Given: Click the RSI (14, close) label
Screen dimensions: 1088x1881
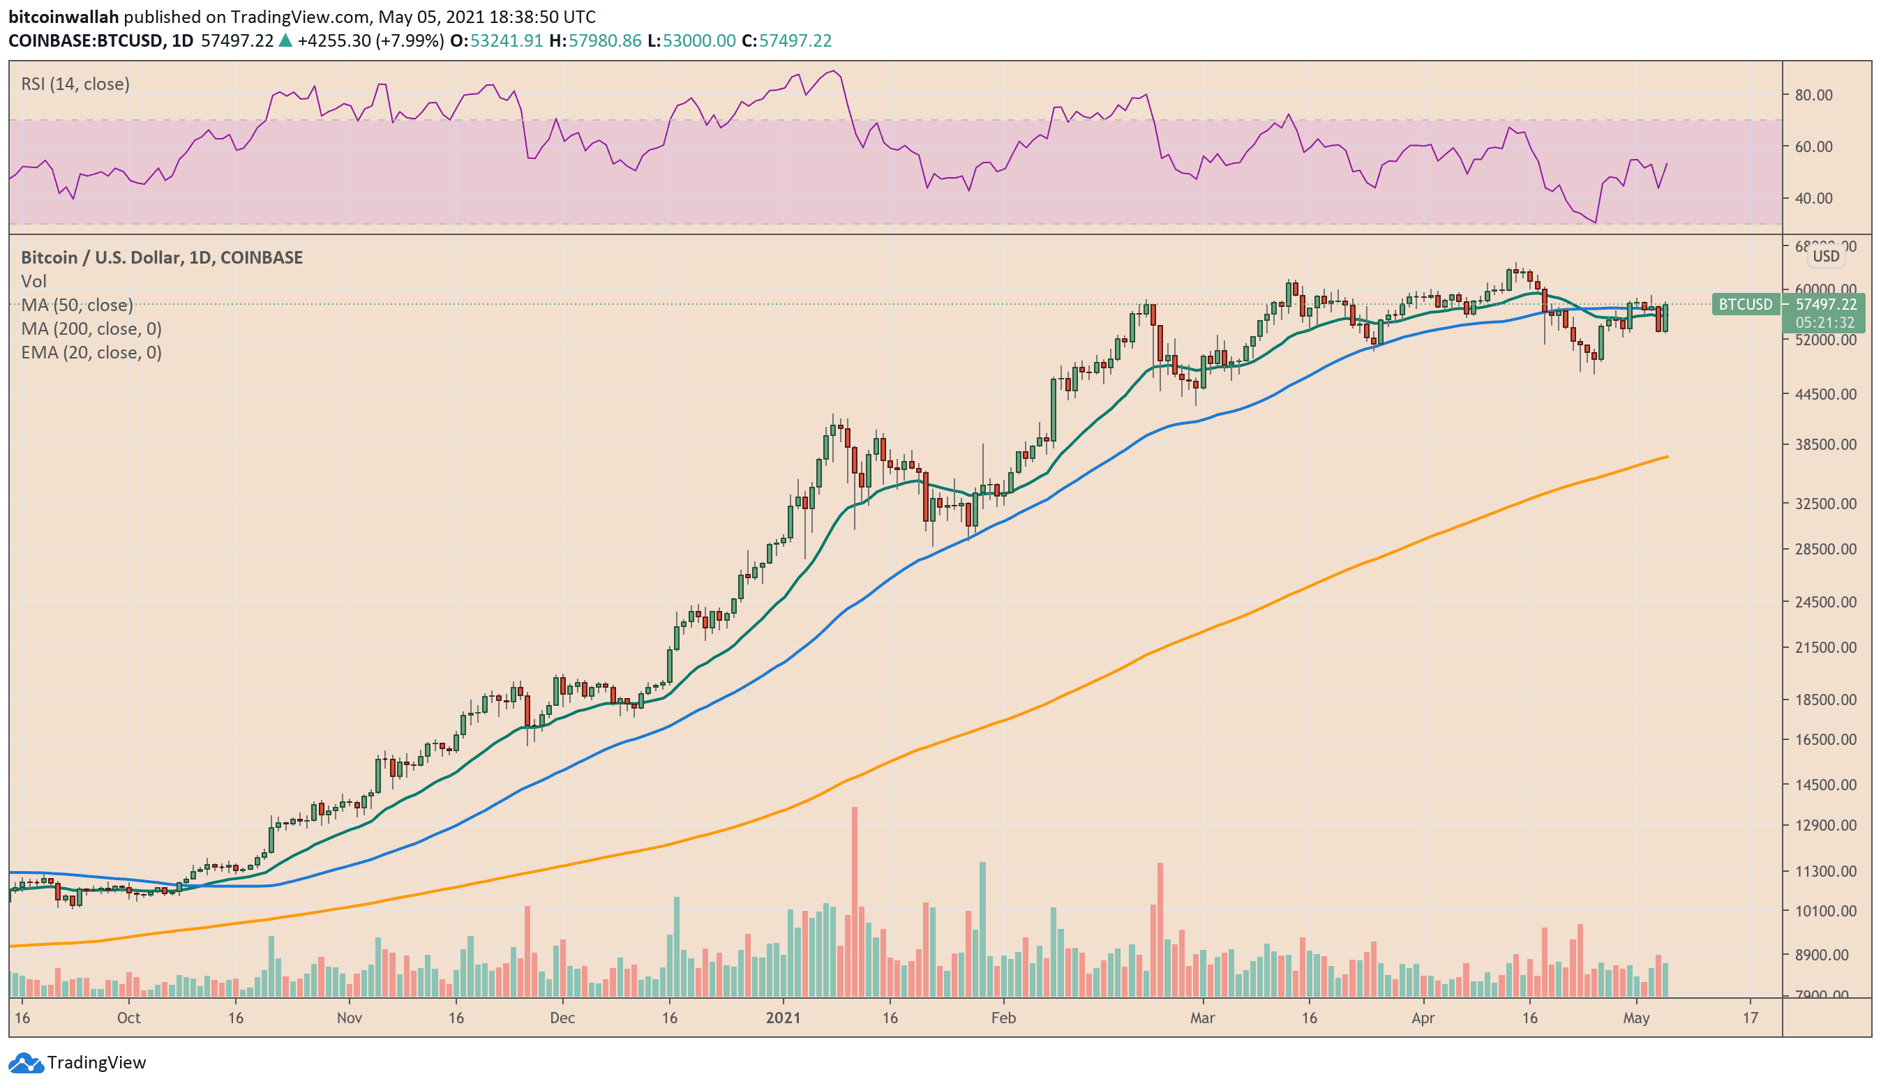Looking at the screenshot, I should click(75, 84).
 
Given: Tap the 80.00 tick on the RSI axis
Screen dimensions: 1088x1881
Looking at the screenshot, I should click(1813, 95).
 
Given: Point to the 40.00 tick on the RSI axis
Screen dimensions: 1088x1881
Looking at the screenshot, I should click(1813, 199).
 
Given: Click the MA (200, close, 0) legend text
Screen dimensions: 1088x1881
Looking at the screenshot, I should click(91, 328).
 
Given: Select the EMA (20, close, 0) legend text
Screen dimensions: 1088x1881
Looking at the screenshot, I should click(91, 352).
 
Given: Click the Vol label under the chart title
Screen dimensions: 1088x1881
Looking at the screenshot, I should click(33, 281).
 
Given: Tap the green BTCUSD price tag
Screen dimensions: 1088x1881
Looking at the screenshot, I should click(1744, 305).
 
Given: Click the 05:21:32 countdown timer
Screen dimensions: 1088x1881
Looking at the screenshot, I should click(1824, 322).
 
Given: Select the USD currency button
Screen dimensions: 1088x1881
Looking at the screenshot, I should click(1826, 256).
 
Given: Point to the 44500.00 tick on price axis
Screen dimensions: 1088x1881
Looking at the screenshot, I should click(1825, 394).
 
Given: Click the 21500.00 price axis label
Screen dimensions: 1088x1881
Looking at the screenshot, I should click(1825, 647).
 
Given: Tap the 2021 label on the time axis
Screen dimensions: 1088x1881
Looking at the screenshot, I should click(782, 1018).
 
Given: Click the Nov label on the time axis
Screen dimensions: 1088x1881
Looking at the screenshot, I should click(350, 1018).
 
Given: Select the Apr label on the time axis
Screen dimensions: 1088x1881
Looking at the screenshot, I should click(1423, 1018).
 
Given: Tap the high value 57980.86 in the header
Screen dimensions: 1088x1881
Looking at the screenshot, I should click(605, 40).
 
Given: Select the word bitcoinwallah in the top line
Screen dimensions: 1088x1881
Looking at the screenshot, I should click(63, 17).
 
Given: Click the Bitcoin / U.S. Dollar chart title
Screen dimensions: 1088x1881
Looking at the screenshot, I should click(161, 257).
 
